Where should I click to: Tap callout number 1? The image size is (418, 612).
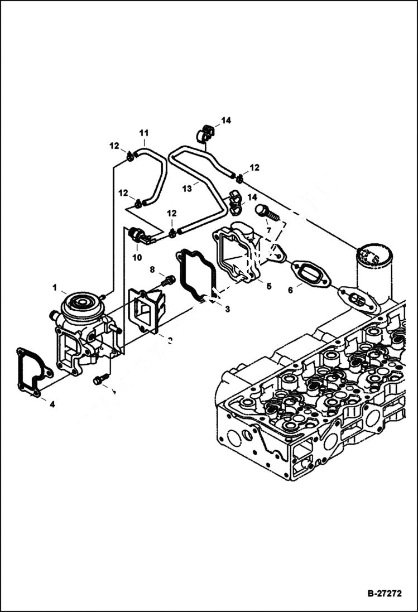tap(55, 287)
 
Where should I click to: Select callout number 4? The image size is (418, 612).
tap(52, 404)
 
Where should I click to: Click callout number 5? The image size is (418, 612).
tap(268, 286)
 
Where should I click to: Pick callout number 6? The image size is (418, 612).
tap(290, 290)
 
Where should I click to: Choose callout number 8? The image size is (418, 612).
tap(152, 269)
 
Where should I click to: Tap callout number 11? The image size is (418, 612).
tap(144, 133)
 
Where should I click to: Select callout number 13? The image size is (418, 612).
tap(186, 189)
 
